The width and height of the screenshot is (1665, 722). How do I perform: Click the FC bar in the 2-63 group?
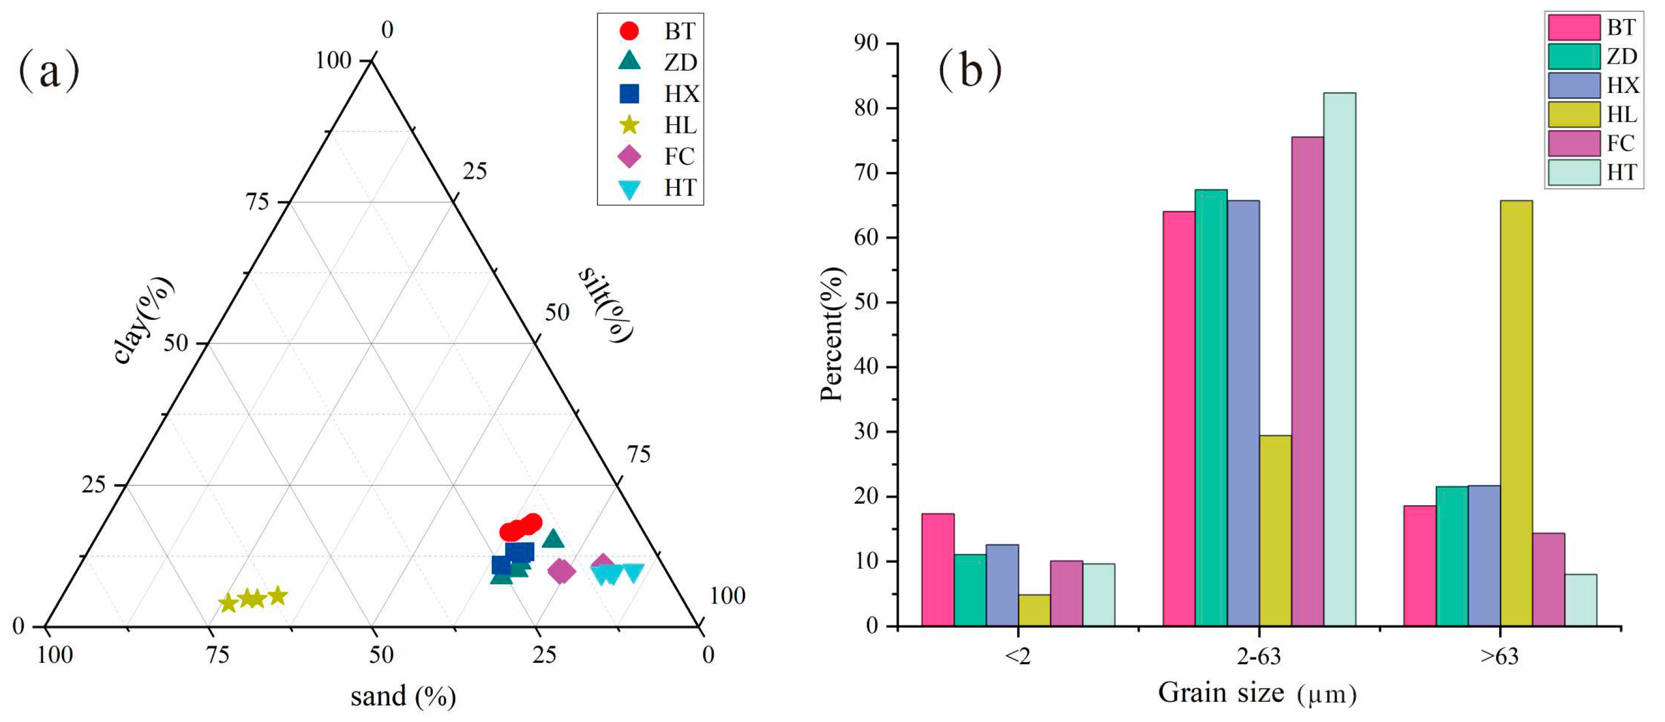click(x=1307, y=381)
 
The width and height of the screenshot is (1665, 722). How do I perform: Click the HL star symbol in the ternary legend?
click(x=629, y=124)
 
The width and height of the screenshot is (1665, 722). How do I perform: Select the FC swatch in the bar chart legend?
click(x=1573, y=143)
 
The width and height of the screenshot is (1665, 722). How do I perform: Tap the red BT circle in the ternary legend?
click(x=629, y=30)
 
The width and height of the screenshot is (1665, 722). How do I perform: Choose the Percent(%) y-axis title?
click(x=832, y=334)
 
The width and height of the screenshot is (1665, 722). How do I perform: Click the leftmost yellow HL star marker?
click(x=228, y=603)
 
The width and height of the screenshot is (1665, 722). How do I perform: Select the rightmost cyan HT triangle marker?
click(x=633, y=572)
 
